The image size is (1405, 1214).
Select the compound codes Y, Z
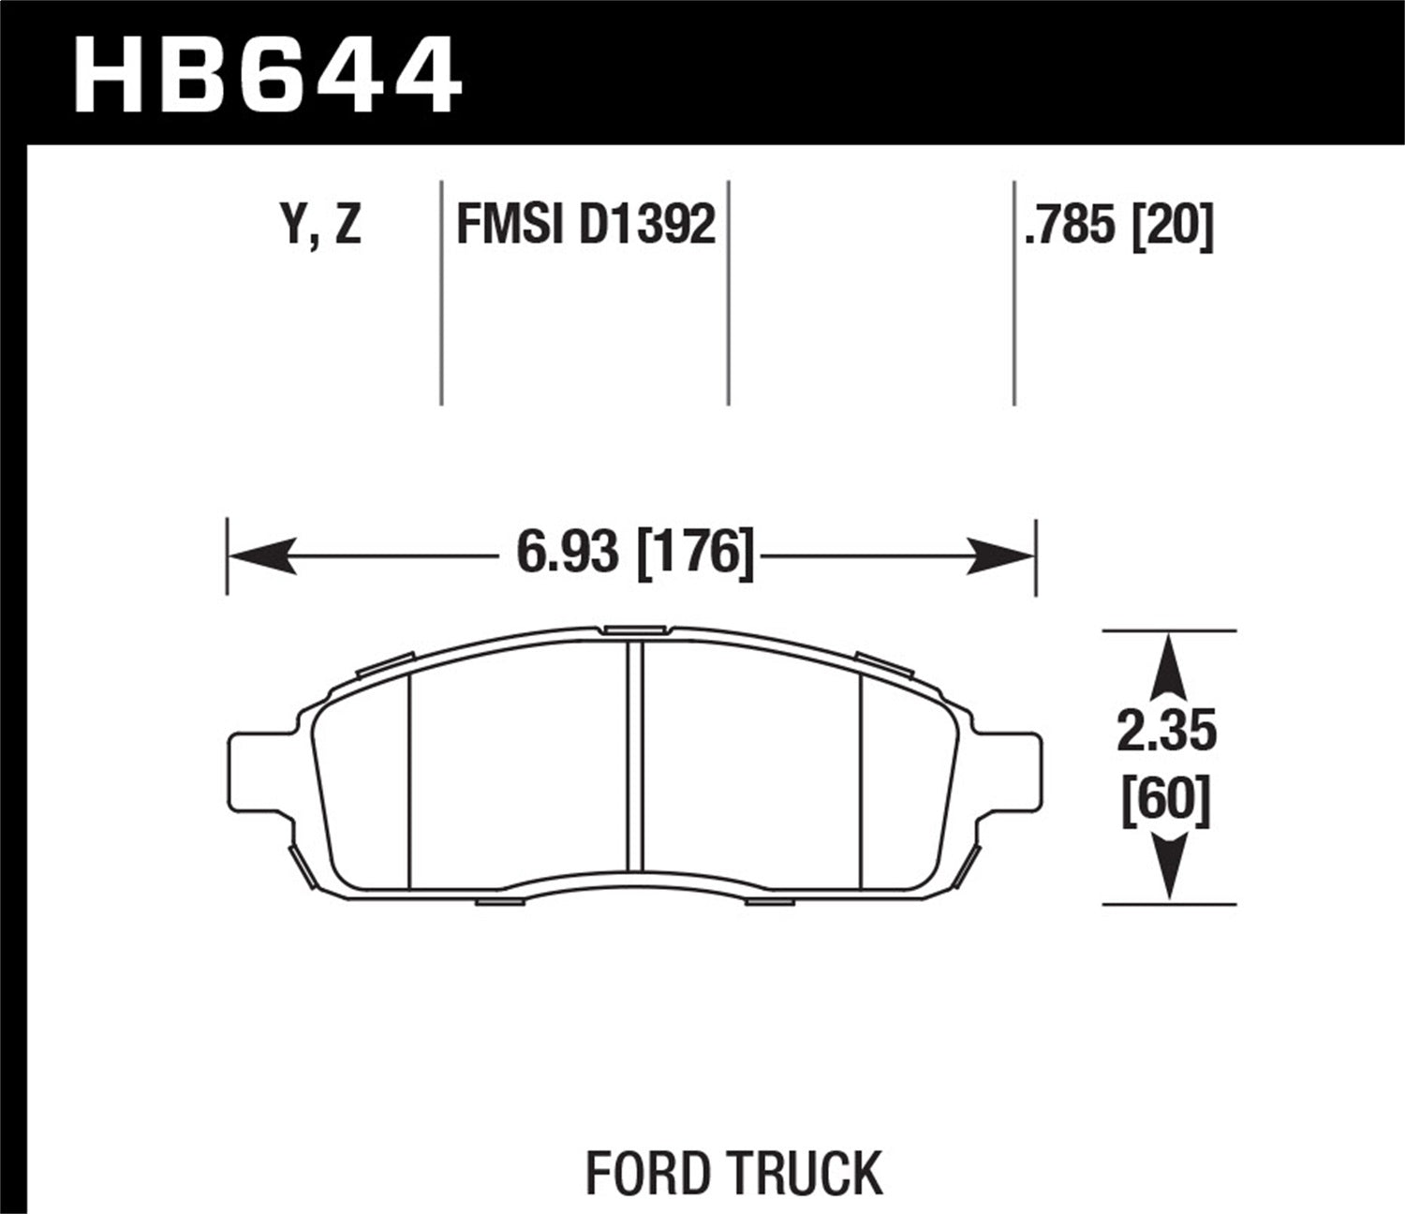[321, 225]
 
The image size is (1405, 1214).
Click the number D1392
[647, 225]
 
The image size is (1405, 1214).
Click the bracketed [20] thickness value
[1173, 225]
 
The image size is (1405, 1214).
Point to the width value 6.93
[568, 553]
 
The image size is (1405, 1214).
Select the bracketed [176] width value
[695, 553]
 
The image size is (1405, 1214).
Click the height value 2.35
[1166, 732]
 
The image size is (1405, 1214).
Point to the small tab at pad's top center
[633, 629]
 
